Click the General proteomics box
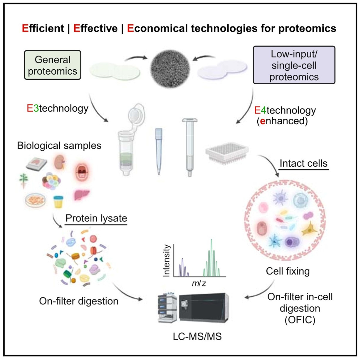(x=53, y=65)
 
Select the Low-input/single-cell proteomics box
(x=294, y=65)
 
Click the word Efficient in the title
(x=43, y=28)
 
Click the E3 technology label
(x=58, y=108)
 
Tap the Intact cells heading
(x=303, y=163)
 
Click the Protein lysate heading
(x=96, y=218)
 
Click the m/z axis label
(x=199, y=283)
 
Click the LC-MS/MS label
(x=197, y=336)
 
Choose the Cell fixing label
(x=288, y=271)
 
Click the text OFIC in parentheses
(x=300, y=320)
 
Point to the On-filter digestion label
(x=79, y=301)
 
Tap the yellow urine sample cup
(x=58, y=202)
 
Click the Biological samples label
(x=59, y=145)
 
